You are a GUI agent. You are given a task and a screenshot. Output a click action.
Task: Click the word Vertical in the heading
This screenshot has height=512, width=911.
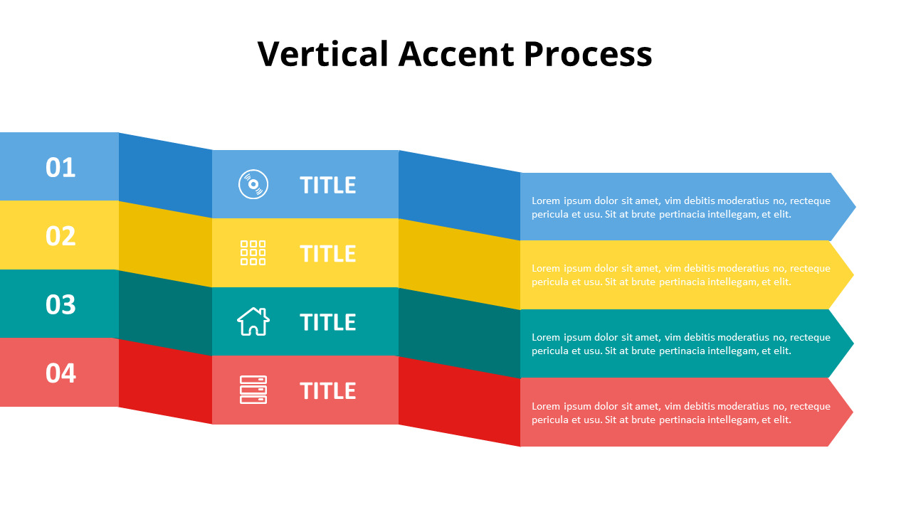coord(323,53)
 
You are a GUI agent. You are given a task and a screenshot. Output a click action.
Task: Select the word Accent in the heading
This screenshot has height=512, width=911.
coord(456,53)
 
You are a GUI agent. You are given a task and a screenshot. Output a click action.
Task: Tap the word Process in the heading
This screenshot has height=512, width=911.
coord(588,53)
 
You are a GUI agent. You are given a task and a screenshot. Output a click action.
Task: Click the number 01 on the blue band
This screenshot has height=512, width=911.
coord(60,167)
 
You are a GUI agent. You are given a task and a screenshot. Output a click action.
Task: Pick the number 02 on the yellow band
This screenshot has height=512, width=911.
coord(60,236)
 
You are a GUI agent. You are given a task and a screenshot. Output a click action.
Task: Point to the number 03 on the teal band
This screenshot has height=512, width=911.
coord(60,305)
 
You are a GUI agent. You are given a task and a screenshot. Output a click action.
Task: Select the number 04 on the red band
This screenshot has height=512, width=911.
coord(60,373)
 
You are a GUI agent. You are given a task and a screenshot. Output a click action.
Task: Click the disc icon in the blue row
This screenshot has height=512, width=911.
coord(253,184)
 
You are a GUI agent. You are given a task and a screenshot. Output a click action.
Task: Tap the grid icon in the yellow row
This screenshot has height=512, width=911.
coord(253,252)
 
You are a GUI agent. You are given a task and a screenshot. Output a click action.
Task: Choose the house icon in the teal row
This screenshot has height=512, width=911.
coord(253,321)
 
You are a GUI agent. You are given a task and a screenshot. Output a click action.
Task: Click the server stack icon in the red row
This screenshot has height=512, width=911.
coord(253,390)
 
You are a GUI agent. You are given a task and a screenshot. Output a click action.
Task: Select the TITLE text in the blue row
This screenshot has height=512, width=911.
coord(328,186)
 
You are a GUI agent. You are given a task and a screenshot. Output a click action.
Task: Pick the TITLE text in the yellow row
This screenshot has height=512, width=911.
coord(328,254)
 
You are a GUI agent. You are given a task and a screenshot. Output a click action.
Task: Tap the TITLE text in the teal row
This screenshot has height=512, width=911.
coord(328,322)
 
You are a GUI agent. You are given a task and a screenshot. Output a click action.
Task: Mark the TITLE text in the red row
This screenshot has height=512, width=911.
coord(328,391)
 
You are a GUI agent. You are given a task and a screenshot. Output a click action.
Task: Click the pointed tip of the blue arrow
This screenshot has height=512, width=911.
coord(855,207)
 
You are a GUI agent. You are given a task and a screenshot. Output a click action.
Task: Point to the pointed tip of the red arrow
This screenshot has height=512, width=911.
coord(853,412)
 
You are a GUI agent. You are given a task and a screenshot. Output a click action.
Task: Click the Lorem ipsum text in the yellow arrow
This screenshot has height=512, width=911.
coord(681,275)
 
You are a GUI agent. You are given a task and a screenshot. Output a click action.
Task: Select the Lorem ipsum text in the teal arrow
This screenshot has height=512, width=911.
coord(681,343)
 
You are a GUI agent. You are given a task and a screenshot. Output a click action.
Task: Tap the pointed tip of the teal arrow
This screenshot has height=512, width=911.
coord(853,343)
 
